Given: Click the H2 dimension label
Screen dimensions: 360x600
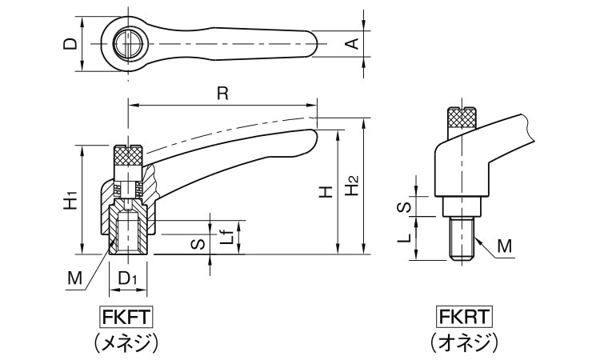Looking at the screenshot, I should (x=352, y=189).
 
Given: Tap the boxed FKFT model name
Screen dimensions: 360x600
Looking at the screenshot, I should (x=126, y=314).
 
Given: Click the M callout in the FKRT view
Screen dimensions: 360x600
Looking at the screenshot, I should (x=504, y=246).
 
